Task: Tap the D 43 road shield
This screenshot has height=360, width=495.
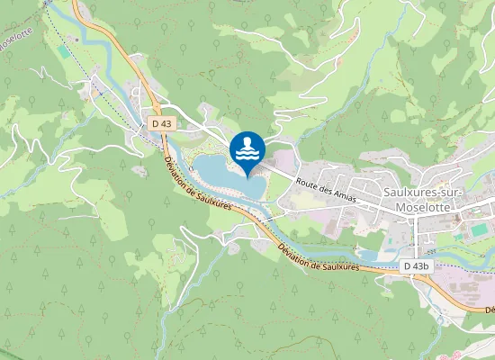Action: point(161,122)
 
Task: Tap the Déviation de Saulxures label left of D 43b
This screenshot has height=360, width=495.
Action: point(319,255)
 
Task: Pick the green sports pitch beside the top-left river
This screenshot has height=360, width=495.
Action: point(62,52)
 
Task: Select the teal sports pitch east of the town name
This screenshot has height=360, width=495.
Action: point(467,232)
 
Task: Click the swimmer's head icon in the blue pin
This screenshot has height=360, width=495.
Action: point(247,141)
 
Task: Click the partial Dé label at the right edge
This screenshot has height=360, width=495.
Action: point(490,310)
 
